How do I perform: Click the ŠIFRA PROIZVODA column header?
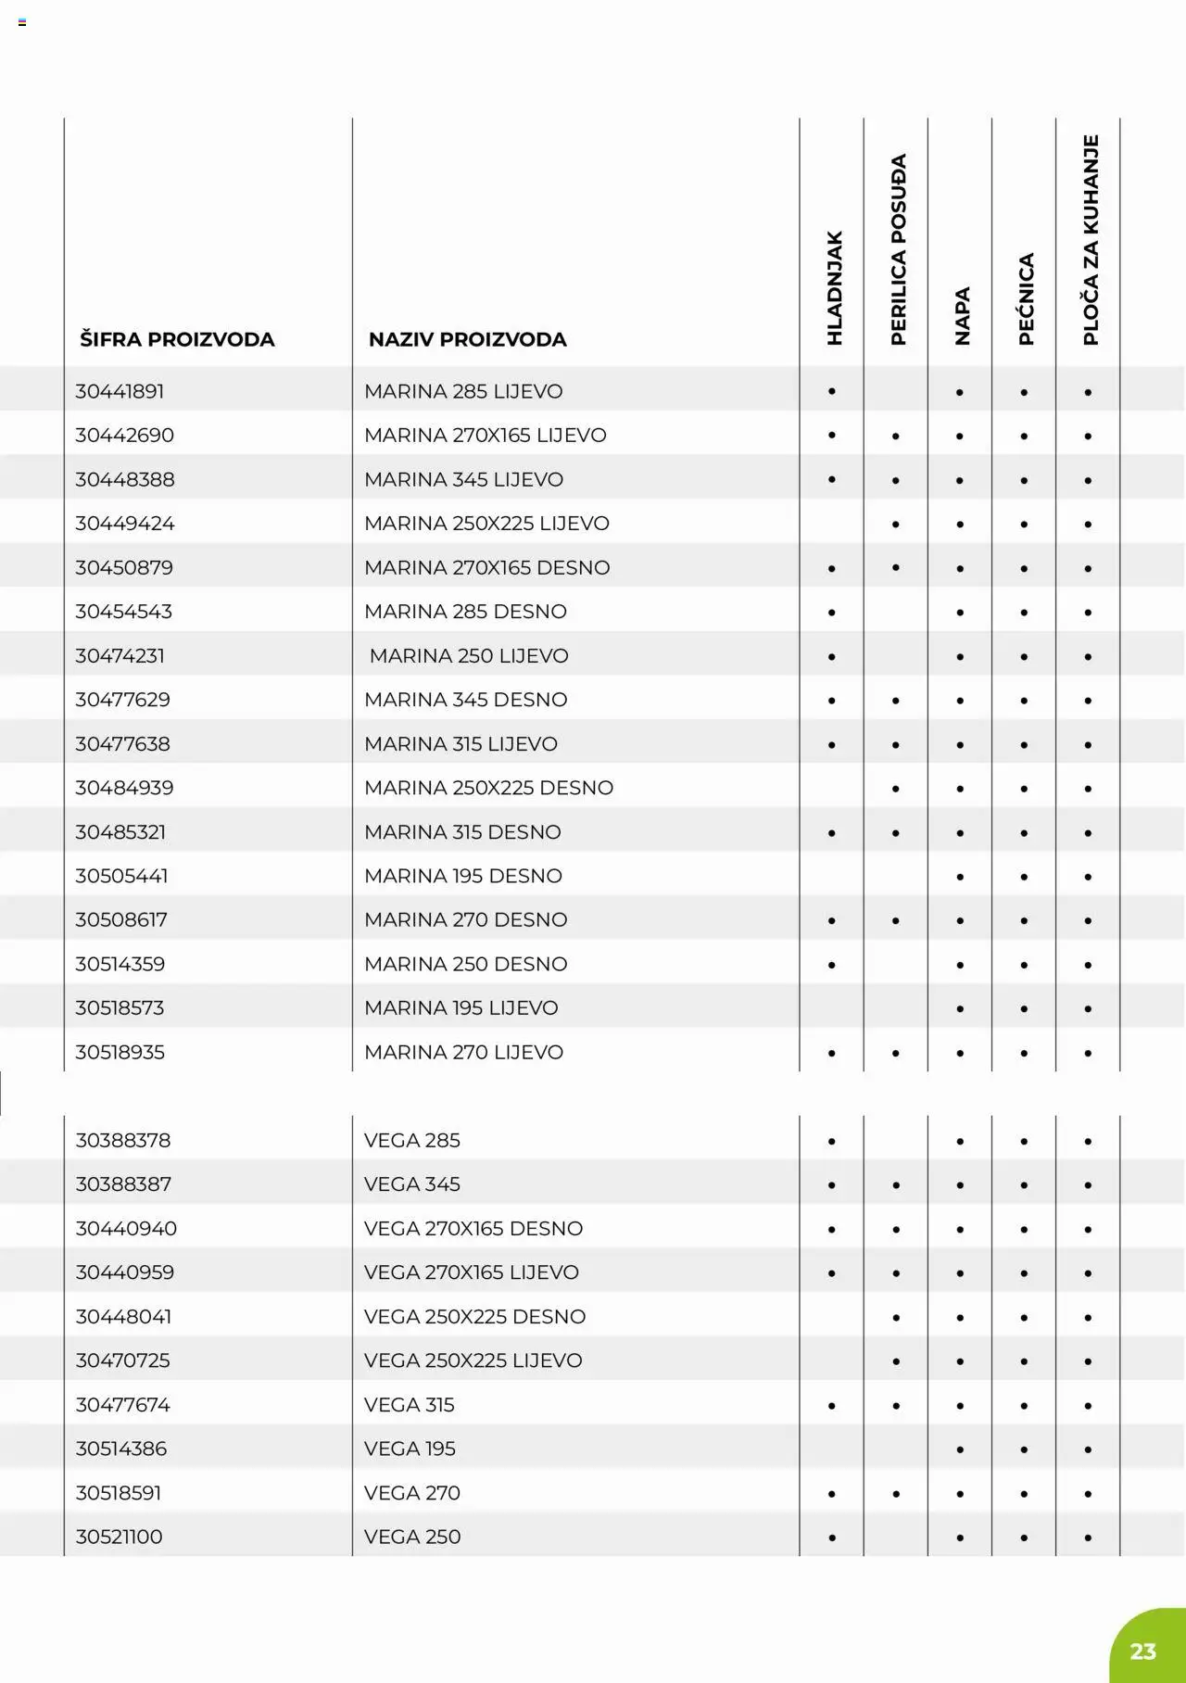click(x=177, y=339)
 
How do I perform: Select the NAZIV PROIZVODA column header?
click(x=467, y=339)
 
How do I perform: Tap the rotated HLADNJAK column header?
click(x=834, y=288)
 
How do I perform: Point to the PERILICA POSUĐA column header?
click(x=898, y=249)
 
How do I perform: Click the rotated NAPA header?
click(x=962, y=316)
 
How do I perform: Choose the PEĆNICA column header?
click(x=1026, y=299)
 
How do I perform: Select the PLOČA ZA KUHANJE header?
click(x=1090, y=240)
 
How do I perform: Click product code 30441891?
click(x=120, y=391)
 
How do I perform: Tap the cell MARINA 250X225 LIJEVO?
click(x=486, y=524)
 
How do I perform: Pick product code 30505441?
click(x=121, y=876)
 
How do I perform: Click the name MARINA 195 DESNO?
click(x=462, y=876)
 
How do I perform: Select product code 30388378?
click(x=123, y=1140)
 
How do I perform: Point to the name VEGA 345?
click(x=412, y=1184)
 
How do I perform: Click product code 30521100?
click(x=119, y=1537)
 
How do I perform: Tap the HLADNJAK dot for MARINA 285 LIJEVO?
click(x=832, y=392)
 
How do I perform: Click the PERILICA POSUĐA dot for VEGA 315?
click(x=896, y=1406)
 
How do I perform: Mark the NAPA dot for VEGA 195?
click(x=960, y=1449)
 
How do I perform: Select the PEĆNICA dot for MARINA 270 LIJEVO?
click(x=1024, y=1053)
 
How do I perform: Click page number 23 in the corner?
click(x=1143, y=1651)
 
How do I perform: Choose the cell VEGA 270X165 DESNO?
click(x=473, y=1228)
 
